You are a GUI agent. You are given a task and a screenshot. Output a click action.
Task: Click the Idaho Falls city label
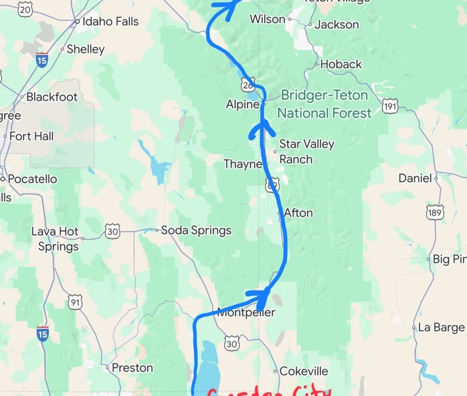(x=111, y=21)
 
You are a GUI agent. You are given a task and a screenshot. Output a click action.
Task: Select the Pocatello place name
(x=32, y=179)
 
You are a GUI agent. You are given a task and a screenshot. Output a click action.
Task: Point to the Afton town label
(x=299, y=213)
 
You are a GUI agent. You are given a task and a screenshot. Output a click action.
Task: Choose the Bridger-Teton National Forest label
(x=324, y=104)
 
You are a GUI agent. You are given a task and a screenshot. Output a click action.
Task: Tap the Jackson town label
(x=337, y=25)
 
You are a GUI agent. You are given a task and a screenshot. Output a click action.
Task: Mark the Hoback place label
(x=341, y=64)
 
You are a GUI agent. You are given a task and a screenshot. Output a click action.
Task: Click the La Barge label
(x=441, y=327)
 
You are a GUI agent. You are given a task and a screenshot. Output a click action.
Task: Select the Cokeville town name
(x=304, y=371)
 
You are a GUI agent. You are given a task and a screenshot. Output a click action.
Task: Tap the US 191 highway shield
(x=390, y=107)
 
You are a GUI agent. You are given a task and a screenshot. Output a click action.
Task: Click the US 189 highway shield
(x=435, y=212)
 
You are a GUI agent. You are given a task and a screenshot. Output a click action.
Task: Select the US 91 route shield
(x=75, y=302)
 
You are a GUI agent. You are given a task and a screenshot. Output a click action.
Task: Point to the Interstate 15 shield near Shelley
(x=41, y=60)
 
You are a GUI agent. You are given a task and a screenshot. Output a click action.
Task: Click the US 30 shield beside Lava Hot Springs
(x=112, y=231)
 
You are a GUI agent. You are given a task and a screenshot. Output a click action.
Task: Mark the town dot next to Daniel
(x=437, y=178)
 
